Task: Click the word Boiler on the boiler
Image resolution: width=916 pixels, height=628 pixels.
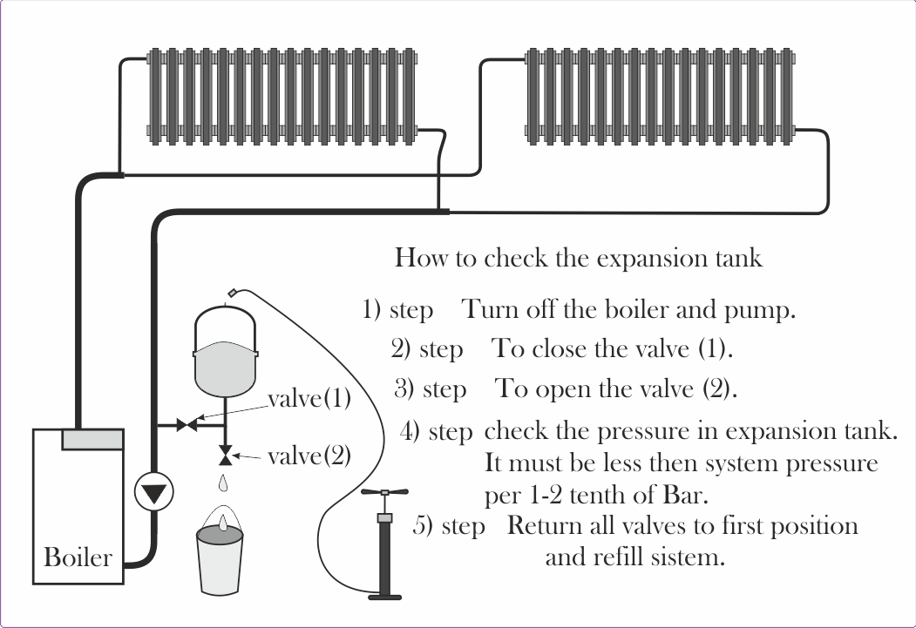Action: [x=78, y=557]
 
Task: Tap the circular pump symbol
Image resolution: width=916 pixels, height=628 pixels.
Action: [x=154, y=494]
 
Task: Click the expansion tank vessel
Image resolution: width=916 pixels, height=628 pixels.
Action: [x=225, y=348]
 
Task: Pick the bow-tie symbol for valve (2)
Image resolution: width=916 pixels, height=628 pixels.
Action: [x=225, y=456]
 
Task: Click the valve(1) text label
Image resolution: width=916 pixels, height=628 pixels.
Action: [x=309, y=400]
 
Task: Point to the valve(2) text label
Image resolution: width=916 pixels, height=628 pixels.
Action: [x=309, y=456]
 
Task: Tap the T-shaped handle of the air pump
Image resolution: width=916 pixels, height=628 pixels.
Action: [x=383, y=494]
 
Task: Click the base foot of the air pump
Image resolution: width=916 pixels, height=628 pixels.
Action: [x=384, y=598]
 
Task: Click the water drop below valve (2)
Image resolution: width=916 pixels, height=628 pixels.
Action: [x=225, y=480]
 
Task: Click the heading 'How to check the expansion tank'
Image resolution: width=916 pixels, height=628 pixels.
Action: [x=578, y=258]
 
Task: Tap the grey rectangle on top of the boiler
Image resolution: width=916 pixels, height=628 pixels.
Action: [x=92, y=439]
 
